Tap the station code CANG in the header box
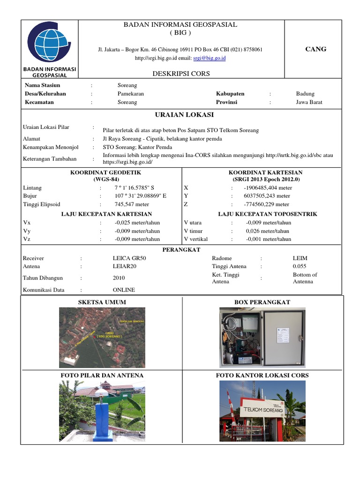point(315,49)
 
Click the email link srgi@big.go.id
point(210,58)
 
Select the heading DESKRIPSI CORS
point(181,74)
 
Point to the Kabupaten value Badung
point(305,94)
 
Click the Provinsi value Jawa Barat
point(309,102)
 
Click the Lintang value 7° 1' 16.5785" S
point(135,187)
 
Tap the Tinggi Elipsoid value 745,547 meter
point(132,204)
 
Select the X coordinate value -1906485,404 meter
point(268,187)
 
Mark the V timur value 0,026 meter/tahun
point(268,231)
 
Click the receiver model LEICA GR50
point(129,258)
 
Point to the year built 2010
point(119,278)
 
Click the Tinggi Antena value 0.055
point(300,267)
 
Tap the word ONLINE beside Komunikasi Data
point(124,290)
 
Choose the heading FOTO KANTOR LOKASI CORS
point(262,375)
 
